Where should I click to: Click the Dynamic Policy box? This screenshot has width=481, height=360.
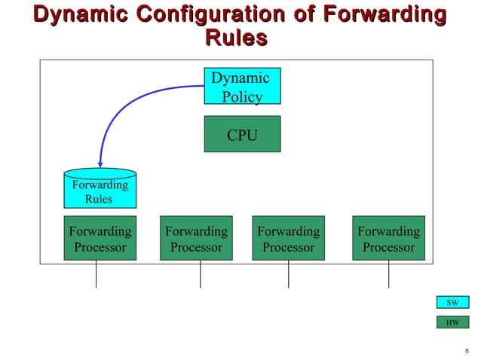242,86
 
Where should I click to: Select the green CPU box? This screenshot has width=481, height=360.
242,134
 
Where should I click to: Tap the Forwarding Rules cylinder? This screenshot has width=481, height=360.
99,189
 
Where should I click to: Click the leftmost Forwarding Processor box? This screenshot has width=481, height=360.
100,238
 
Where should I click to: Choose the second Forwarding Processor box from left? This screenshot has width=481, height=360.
196,238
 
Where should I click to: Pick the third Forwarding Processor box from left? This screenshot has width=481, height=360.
288,238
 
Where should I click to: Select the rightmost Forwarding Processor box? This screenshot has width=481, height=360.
388,238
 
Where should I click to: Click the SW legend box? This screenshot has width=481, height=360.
452,302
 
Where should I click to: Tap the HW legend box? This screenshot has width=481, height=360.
452,322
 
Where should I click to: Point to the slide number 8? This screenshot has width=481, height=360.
467,349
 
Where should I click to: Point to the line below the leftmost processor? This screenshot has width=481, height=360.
97,274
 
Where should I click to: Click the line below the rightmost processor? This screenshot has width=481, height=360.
388,274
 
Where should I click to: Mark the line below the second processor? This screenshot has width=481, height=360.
200,274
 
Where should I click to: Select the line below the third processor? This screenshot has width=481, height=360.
288,274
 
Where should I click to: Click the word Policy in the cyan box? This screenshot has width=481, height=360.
243,96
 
